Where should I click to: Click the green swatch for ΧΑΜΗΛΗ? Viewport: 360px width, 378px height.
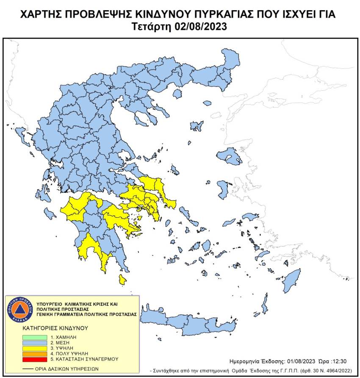[35, 336]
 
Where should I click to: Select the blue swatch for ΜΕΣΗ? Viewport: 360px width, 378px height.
[35, 342]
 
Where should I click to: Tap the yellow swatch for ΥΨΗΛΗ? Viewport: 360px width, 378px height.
[35, 347]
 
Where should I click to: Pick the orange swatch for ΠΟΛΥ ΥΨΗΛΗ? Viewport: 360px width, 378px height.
[35, 353]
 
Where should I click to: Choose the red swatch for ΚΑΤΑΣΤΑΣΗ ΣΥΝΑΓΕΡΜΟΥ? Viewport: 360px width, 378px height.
[35, 359]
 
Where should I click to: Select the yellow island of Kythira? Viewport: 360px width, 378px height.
[122, 279]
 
